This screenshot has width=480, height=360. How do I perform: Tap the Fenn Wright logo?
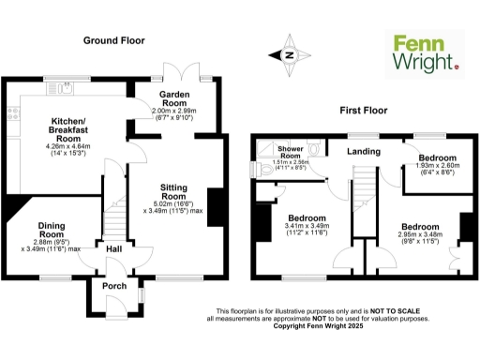[x=425, y=53]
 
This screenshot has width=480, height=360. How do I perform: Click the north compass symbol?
[x=289, y=55]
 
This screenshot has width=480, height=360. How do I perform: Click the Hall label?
[x=113, y=249]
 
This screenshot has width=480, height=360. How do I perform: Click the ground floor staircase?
[x=114, y=221]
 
